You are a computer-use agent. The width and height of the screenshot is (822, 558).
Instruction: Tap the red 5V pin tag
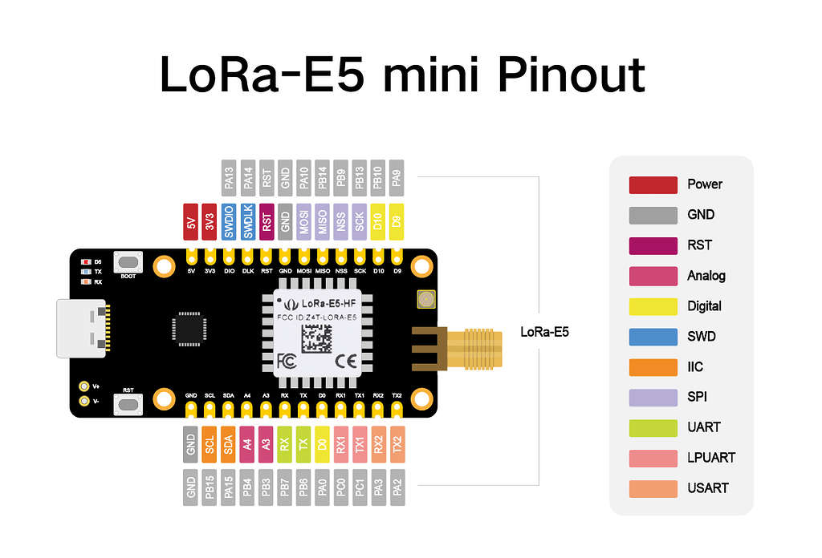[191, 222]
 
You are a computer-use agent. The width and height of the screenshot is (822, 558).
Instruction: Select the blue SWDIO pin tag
[229, 222]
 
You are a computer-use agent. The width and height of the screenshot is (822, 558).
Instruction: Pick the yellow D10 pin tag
[379, 222]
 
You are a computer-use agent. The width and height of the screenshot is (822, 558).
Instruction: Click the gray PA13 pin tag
[229, 176]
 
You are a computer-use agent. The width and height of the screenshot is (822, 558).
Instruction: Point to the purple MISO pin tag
[323, 222]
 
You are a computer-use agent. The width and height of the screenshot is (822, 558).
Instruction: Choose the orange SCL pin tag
[210, 443]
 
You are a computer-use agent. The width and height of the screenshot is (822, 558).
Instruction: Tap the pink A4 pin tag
[247, 443]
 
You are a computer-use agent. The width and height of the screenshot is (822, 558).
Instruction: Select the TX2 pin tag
[397, 443]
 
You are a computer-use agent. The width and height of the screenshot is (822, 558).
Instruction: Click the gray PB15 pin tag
[210, 487]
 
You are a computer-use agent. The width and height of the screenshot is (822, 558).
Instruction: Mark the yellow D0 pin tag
[323, 443]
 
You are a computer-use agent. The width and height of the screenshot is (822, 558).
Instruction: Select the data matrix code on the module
[317, 336]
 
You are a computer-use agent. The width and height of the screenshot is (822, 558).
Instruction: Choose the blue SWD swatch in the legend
[653, 337]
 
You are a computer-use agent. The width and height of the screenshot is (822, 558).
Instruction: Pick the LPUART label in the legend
[711, 458]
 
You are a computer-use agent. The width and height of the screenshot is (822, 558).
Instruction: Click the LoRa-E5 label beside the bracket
[544, 331]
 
